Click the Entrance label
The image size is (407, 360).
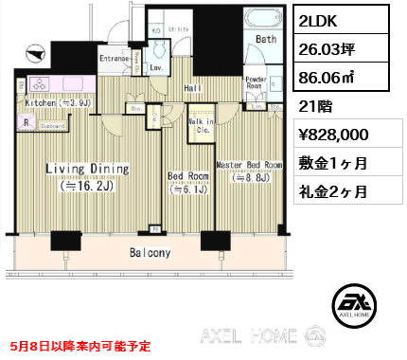[x=115, y=59]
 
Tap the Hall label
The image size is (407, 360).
[x=193, y=88]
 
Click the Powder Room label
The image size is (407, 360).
[x=256, y=82]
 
